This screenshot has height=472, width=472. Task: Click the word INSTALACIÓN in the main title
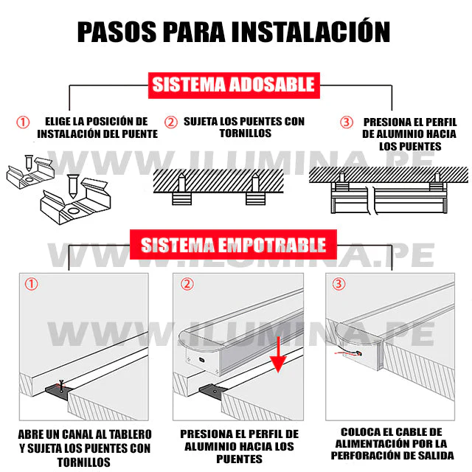click(310, 32)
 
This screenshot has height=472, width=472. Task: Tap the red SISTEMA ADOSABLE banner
click(233, 85)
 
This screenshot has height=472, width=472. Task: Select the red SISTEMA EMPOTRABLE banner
click(233, 244)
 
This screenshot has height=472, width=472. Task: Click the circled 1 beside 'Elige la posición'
click(24, 122)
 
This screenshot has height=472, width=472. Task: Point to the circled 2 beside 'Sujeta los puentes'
click(170, 122)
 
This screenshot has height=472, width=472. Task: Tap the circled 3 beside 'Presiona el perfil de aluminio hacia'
click(346, 122)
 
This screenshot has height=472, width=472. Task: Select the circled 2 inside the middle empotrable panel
click(187, 284)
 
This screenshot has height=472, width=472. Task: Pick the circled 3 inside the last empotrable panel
click(339, 284)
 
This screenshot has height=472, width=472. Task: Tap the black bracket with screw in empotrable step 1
click(58, 388)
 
